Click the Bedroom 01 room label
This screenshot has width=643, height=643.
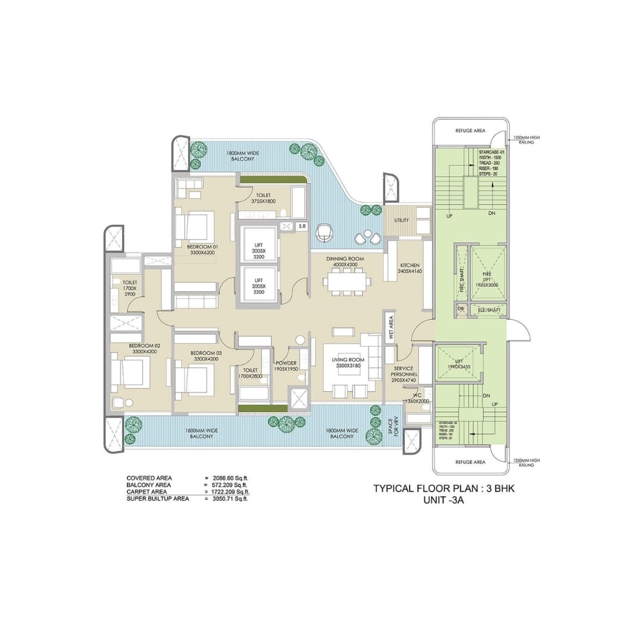[x=202, y=249]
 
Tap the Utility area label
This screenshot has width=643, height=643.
[x=401, y=220]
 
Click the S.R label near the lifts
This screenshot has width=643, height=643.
[x=302, y=226]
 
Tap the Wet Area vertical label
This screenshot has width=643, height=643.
[x=391, y=327]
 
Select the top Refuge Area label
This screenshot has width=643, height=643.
[x=470, y=130]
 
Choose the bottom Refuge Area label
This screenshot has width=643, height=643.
[x=470, y=462]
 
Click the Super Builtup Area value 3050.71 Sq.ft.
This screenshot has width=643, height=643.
[x=226, y=498]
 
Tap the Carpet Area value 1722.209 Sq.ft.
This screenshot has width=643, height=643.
[x=227, y=492]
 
